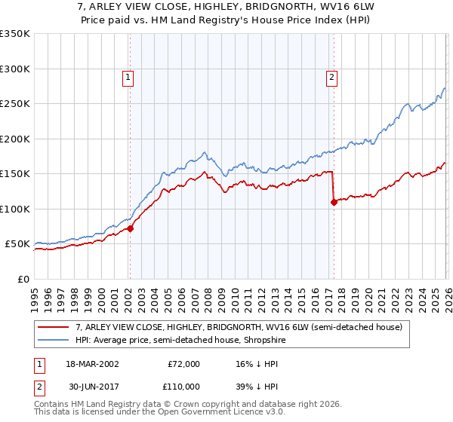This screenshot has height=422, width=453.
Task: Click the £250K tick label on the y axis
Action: click(15, 103)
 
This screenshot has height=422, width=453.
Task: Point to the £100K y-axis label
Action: click(15, 209)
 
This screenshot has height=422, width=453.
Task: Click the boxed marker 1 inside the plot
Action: click(128, 76)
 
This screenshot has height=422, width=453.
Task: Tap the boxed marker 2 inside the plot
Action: click(331, 76)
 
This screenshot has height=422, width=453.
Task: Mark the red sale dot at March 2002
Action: click(130, 228)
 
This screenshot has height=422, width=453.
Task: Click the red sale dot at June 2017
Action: click(333, 202)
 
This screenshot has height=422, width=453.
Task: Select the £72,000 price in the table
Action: click(183, 364)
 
